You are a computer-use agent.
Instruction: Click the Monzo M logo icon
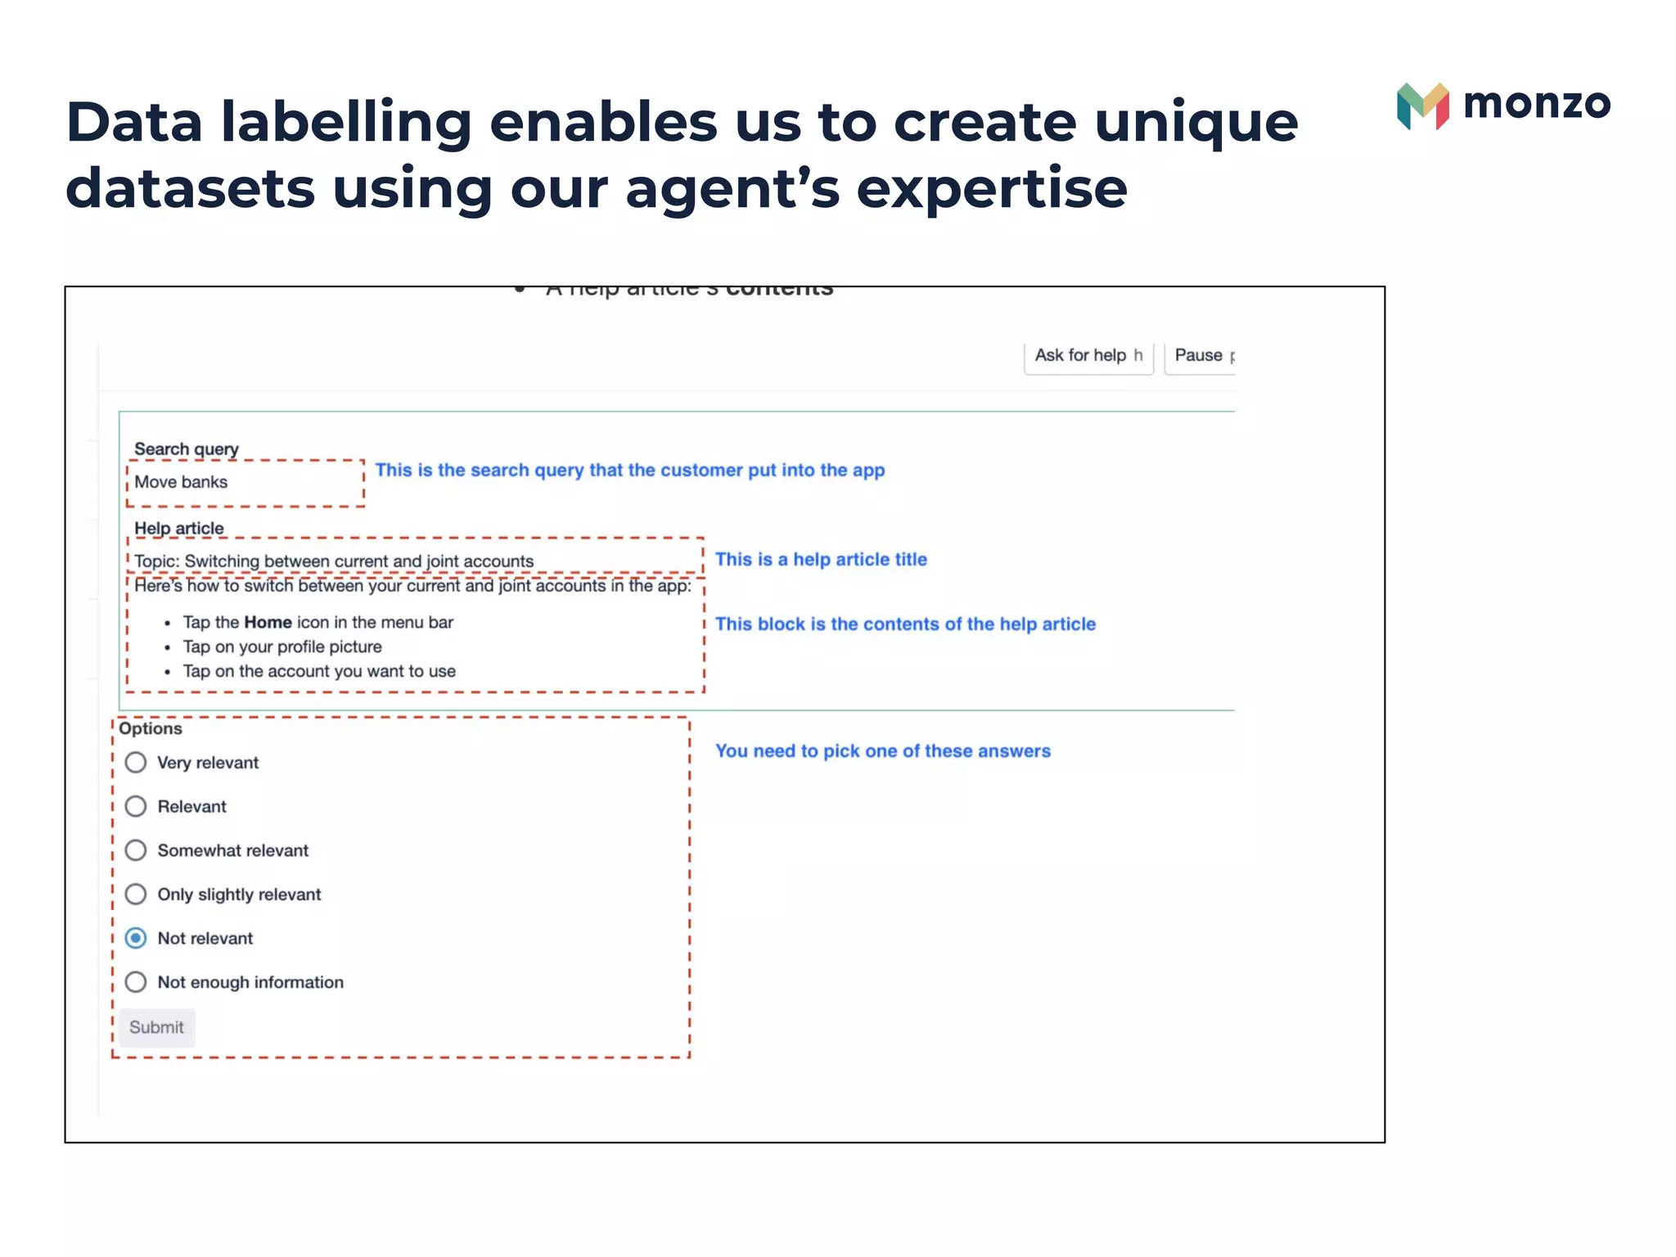1422,106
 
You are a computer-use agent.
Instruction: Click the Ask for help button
1088,356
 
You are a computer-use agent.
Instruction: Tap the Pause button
1200,356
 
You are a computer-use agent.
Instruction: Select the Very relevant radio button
136,763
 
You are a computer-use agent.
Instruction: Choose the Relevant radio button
136,807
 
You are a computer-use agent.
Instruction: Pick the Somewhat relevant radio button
136,850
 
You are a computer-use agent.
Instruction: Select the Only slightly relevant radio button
136,894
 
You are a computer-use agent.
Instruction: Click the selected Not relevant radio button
136,938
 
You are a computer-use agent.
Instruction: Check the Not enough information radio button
136,982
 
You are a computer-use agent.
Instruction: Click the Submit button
156,1028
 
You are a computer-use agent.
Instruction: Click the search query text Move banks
181,482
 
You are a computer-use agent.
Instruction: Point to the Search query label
186,448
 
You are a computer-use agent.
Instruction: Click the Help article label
178,528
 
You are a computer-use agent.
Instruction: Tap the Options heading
151,728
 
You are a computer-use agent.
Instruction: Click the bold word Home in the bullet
268,623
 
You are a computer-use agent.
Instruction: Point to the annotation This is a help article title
821,560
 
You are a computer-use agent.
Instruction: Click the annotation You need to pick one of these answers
882,751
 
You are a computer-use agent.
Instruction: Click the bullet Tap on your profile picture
282,647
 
